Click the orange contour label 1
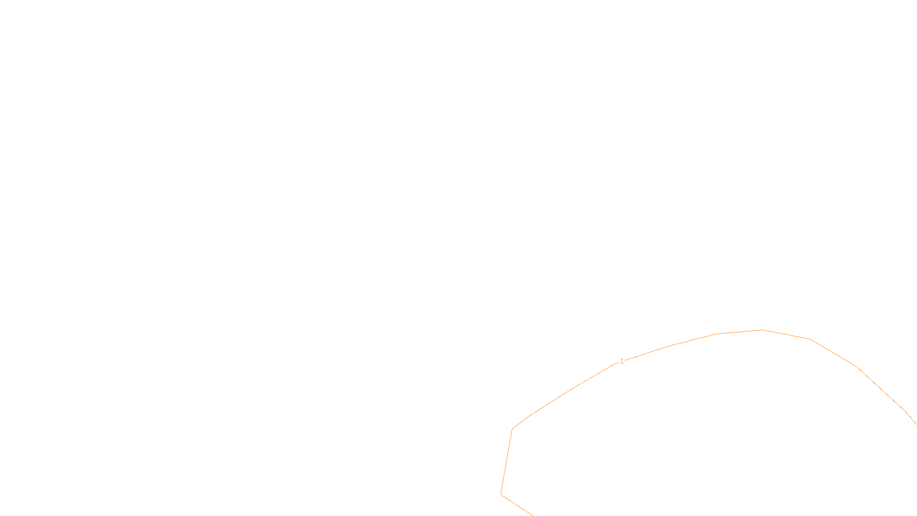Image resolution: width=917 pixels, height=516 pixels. [622, 361]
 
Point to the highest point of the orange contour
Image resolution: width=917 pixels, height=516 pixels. [763, 330]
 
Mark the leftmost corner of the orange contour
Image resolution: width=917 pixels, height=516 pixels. [501, 494]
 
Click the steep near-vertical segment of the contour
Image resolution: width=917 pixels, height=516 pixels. [507, 462]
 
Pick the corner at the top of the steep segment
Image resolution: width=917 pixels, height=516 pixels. [512, 429]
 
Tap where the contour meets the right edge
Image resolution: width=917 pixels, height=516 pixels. [916, 424]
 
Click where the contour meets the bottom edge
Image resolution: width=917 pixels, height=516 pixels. [532, 515]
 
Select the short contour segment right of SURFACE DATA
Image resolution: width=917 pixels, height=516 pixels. [516, 505]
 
